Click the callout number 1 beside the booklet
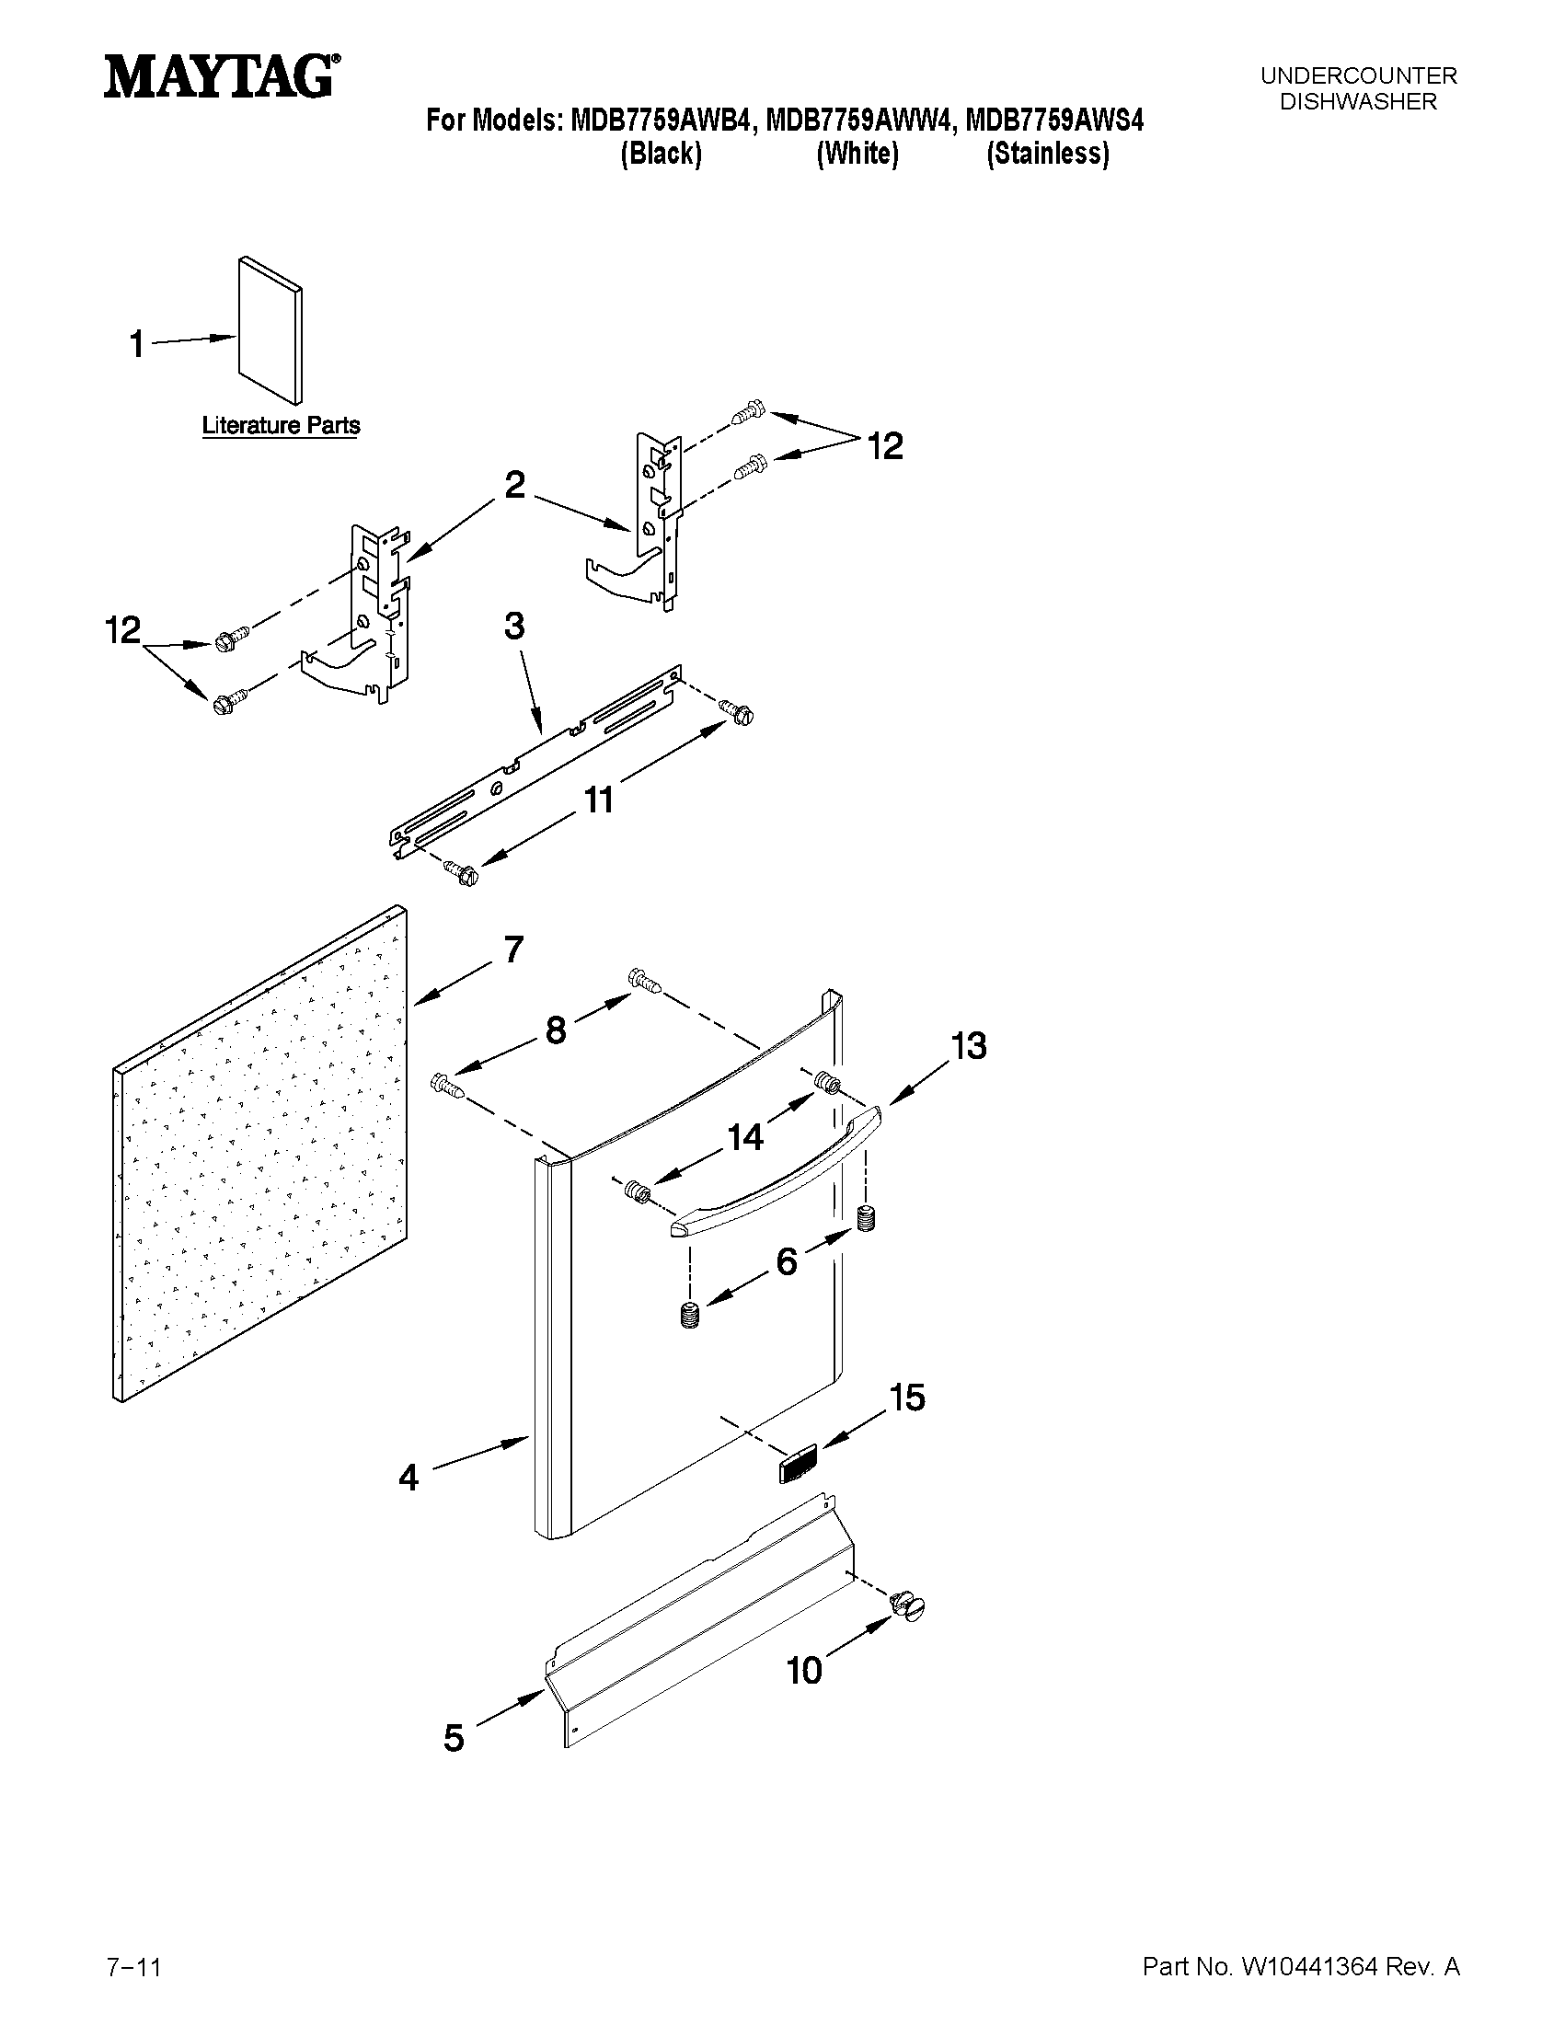[x=136, y=344]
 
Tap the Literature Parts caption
[x=281, y=426]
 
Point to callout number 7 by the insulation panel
[x=512, y=949]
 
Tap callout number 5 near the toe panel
[x=454, y=1738]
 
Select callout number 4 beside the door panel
[x=409, y=1476]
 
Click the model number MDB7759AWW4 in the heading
[x=858, y=121]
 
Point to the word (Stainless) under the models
[x=1047, y=154]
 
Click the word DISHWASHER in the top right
[x=1357, y=102]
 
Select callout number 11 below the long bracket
[x=598, y=800]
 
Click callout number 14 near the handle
[x=745, y=1136]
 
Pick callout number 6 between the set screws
[x=787, y=1261]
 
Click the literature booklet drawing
[x=270, y=330]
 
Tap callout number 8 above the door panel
[x=556, y=1030]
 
